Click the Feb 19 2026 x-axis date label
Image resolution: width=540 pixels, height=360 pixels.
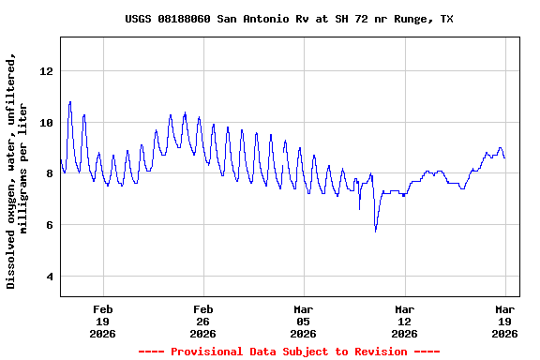pyautogui.click(x=103, y=321)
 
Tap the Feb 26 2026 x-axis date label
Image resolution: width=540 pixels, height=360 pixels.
pyautogui.click(x=203, y=321)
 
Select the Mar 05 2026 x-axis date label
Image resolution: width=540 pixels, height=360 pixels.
pyautogui.click(x=304, y=321)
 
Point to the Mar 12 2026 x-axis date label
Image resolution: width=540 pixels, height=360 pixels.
pyautogui.click(x=404, y=321)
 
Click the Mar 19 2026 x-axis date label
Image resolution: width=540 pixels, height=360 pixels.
pyautogui.click(x=504, y=321)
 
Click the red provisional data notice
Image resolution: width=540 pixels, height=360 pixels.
pyautogui.click(x=289, y=352)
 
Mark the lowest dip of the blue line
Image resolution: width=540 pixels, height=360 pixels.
pyautogui.click(x=376, y=230)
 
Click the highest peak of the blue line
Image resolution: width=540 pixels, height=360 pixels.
pyautogui.click(x=69, y=101)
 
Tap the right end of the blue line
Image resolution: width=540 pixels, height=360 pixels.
pyautogui.click(x=504, y=157)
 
